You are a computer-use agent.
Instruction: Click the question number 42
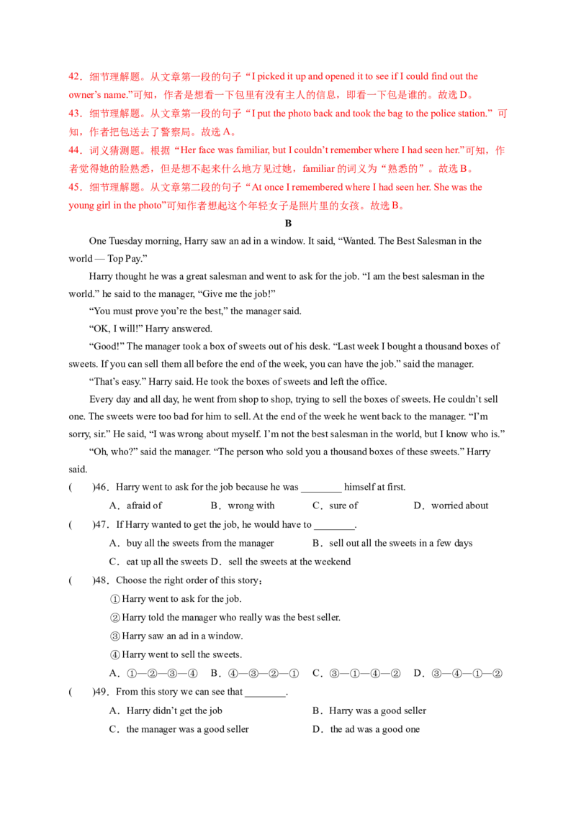(x=73, y=76)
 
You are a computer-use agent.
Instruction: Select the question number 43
(x=73, y=114)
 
